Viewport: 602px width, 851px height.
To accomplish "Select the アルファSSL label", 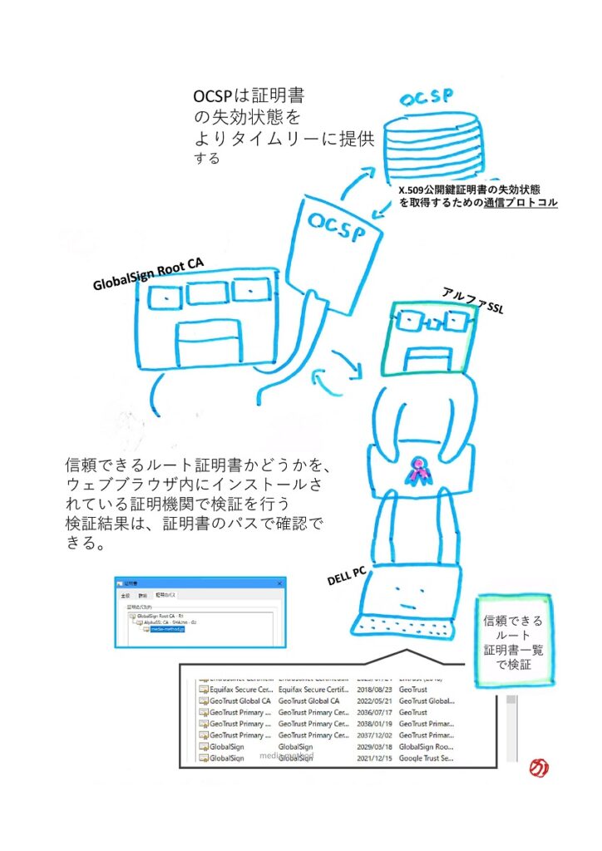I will (x=473, y=299).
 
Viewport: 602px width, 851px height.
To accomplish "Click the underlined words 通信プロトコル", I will (x=521, y=202).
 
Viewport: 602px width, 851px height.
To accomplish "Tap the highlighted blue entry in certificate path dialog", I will (x=167, y=629).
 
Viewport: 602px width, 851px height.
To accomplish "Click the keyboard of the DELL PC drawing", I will (x=404, y=624).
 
